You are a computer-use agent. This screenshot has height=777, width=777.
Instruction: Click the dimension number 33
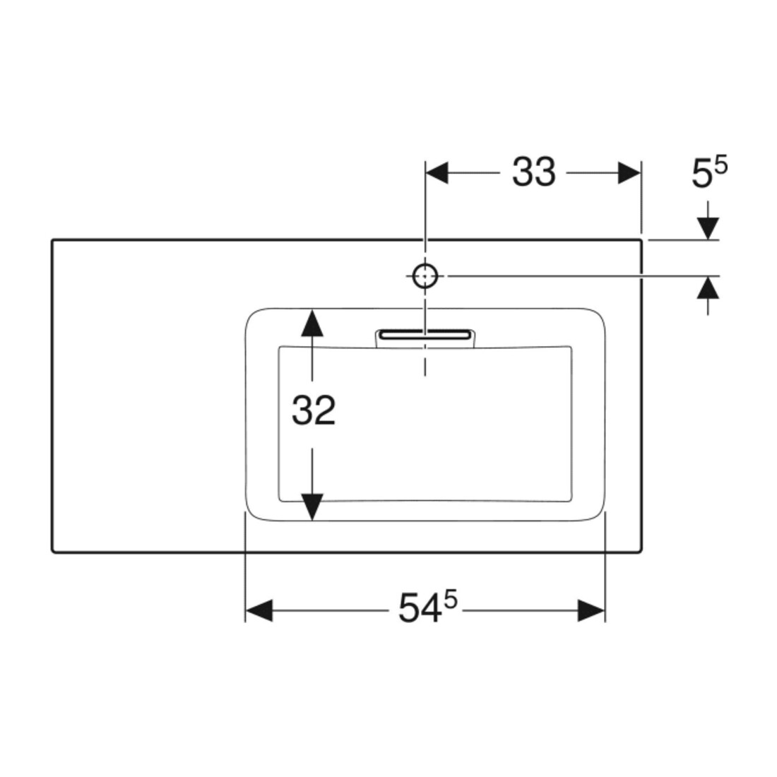click(534, 172)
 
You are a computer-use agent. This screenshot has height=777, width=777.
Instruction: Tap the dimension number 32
click(313, 411)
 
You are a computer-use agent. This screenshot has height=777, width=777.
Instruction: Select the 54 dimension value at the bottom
click(420, 608)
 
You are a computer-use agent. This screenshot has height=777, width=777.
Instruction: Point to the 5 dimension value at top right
click(701, 174)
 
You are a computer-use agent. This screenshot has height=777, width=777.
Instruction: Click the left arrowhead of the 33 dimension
click(437, 173)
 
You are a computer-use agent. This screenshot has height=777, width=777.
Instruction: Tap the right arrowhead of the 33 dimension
click(629, 173)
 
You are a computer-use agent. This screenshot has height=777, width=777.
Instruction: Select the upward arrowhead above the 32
click(312, 322)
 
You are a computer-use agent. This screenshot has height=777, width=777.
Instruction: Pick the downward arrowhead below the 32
click(312, 507)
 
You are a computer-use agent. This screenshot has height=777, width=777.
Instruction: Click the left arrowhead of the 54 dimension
click(259, 610)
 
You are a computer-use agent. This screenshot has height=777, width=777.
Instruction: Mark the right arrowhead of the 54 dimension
click(592, 610)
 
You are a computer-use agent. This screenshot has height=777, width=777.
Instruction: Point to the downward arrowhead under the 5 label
click(708, 228)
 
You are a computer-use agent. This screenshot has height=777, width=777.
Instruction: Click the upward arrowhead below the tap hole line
click(708, 287)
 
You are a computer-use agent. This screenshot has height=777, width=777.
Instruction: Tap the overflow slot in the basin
click(425, 335)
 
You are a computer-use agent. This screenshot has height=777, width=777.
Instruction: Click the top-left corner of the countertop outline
click(52, 240)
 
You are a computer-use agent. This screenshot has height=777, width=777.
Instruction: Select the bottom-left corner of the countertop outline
click(52, 552)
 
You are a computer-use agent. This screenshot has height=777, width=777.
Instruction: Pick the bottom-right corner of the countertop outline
click(641, 552)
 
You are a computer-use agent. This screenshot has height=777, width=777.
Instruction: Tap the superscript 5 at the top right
click(721, 165)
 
